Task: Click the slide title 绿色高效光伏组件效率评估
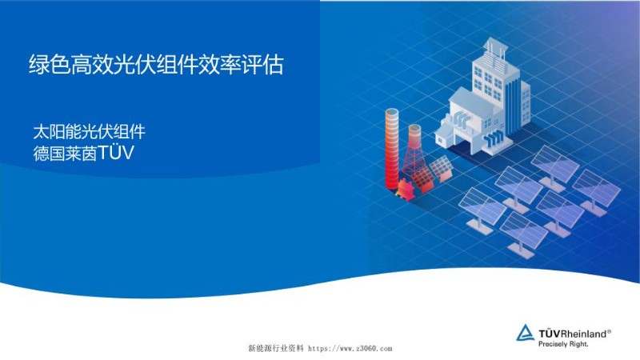coord(156,65)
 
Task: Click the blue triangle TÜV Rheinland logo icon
coord(525,333)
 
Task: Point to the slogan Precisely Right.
coord(563,343)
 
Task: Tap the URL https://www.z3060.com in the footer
coord(350,349)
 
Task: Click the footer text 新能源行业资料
coord(276,349)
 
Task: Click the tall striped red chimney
coord(392,148)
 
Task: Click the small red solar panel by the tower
coord(439,169)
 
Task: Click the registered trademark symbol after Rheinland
coord(610,329)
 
